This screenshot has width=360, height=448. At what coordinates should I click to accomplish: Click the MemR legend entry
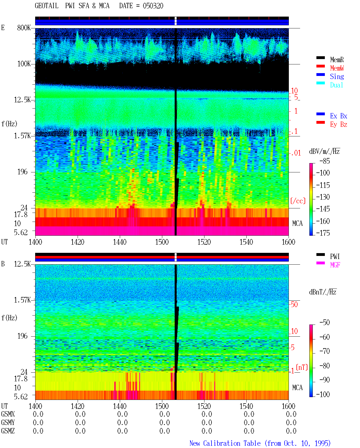(337, 60)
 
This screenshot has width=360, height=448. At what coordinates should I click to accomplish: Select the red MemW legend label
(337, 68)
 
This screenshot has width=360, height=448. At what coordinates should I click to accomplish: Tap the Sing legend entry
(337, 76)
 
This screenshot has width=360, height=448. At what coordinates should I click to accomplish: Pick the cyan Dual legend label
(336, 85)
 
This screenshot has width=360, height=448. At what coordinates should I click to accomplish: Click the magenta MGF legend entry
(335, 265)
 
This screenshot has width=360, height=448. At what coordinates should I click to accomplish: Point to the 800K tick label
(24, 28)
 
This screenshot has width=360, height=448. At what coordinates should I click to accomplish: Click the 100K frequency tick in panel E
(24, 64)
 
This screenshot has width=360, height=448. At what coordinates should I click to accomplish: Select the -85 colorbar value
(325, 161)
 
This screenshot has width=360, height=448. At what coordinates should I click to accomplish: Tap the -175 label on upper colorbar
(323, 233)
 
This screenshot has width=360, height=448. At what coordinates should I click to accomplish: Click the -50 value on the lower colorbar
(325, 323)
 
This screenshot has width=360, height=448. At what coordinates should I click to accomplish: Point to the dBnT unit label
(323, 292)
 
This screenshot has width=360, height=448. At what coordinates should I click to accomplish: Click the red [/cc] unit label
(298, 201)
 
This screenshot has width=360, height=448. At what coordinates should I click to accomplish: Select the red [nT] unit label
(302, 367)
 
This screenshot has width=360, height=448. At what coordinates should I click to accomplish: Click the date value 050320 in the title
(153, 6)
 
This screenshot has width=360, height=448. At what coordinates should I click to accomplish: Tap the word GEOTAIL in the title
(47, 6)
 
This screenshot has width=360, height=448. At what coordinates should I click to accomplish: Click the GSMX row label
(8, 414)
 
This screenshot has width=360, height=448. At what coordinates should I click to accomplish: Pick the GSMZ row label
(8, 431)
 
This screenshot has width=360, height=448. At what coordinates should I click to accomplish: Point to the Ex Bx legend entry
(339, 116)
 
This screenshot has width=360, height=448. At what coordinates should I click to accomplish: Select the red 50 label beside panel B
(294, 305)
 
